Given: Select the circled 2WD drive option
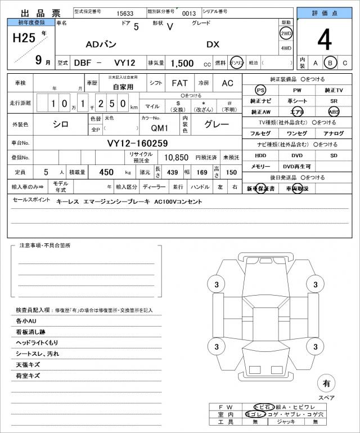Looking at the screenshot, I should tap(286, 33).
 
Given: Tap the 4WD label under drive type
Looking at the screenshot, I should tap(286, 48).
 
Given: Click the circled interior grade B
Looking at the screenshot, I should tap(331, 63).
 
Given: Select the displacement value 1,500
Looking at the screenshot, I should tap(182, 64).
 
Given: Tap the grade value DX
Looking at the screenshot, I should tap(213, 44).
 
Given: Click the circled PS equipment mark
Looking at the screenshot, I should tap(260, 90).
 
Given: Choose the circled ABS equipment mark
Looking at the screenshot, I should tap(334, 111).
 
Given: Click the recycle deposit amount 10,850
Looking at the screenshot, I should tap(176, 158).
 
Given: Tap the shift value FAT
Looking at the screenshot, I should tap(179, 83).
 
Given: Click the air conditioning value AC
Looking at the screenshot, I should tap(227, 83).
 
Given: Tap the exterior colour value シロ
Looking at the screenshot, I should tap(60, 124).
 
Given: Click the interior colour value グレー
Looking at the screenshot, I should tap(215, 125).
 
